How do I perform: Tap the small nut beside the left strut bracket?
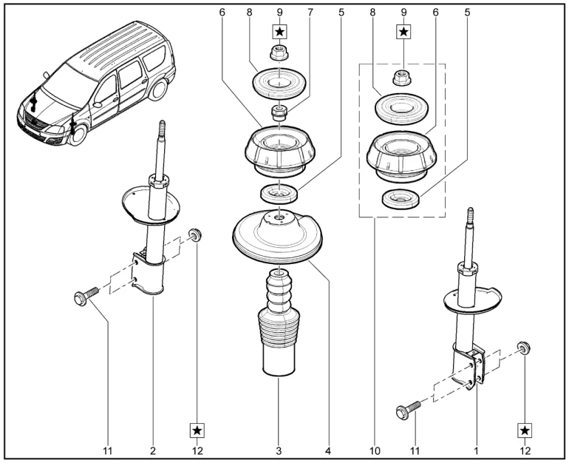196,236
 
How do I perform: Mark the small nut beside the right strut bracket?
523,348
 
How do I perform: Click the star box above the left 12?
197,429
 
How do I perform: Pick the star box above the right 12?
524,430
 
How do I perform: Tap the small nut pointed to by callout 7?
280,115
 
